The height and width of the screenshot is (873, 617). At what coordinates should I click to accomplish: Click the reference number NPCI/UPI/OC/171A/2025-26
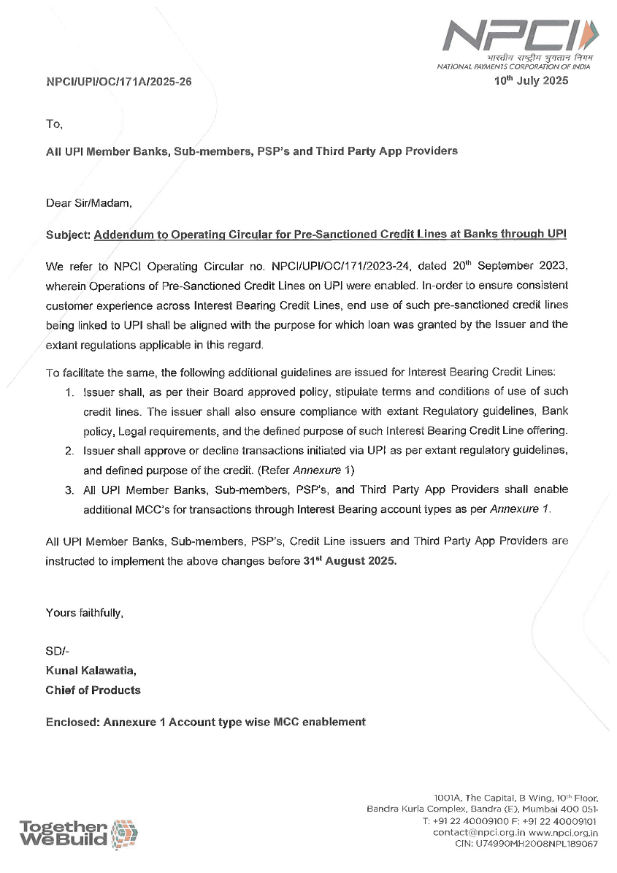click(119, 83)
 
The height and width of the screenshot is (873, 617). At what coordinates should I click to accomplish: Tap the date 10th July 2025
click(530, 81)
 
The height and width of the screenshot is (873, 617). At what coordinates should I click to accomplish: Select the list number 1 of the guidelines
click(70, 392)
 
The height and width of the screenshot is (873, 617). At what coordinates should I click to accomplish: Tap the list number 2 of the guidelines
click(70, 448)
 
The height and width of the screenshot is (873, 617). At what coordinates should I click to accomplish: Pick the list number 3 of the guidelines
click(70, 489)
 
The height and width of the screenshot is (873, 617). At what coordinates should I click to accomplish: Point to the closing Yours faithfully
click(84, 613)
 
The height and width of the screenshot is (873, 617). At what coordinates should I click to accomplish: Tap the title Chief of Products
click(93, 690)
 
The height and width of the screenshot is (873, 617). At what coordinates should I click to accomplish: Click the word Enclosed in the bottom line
click(72, 722)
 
